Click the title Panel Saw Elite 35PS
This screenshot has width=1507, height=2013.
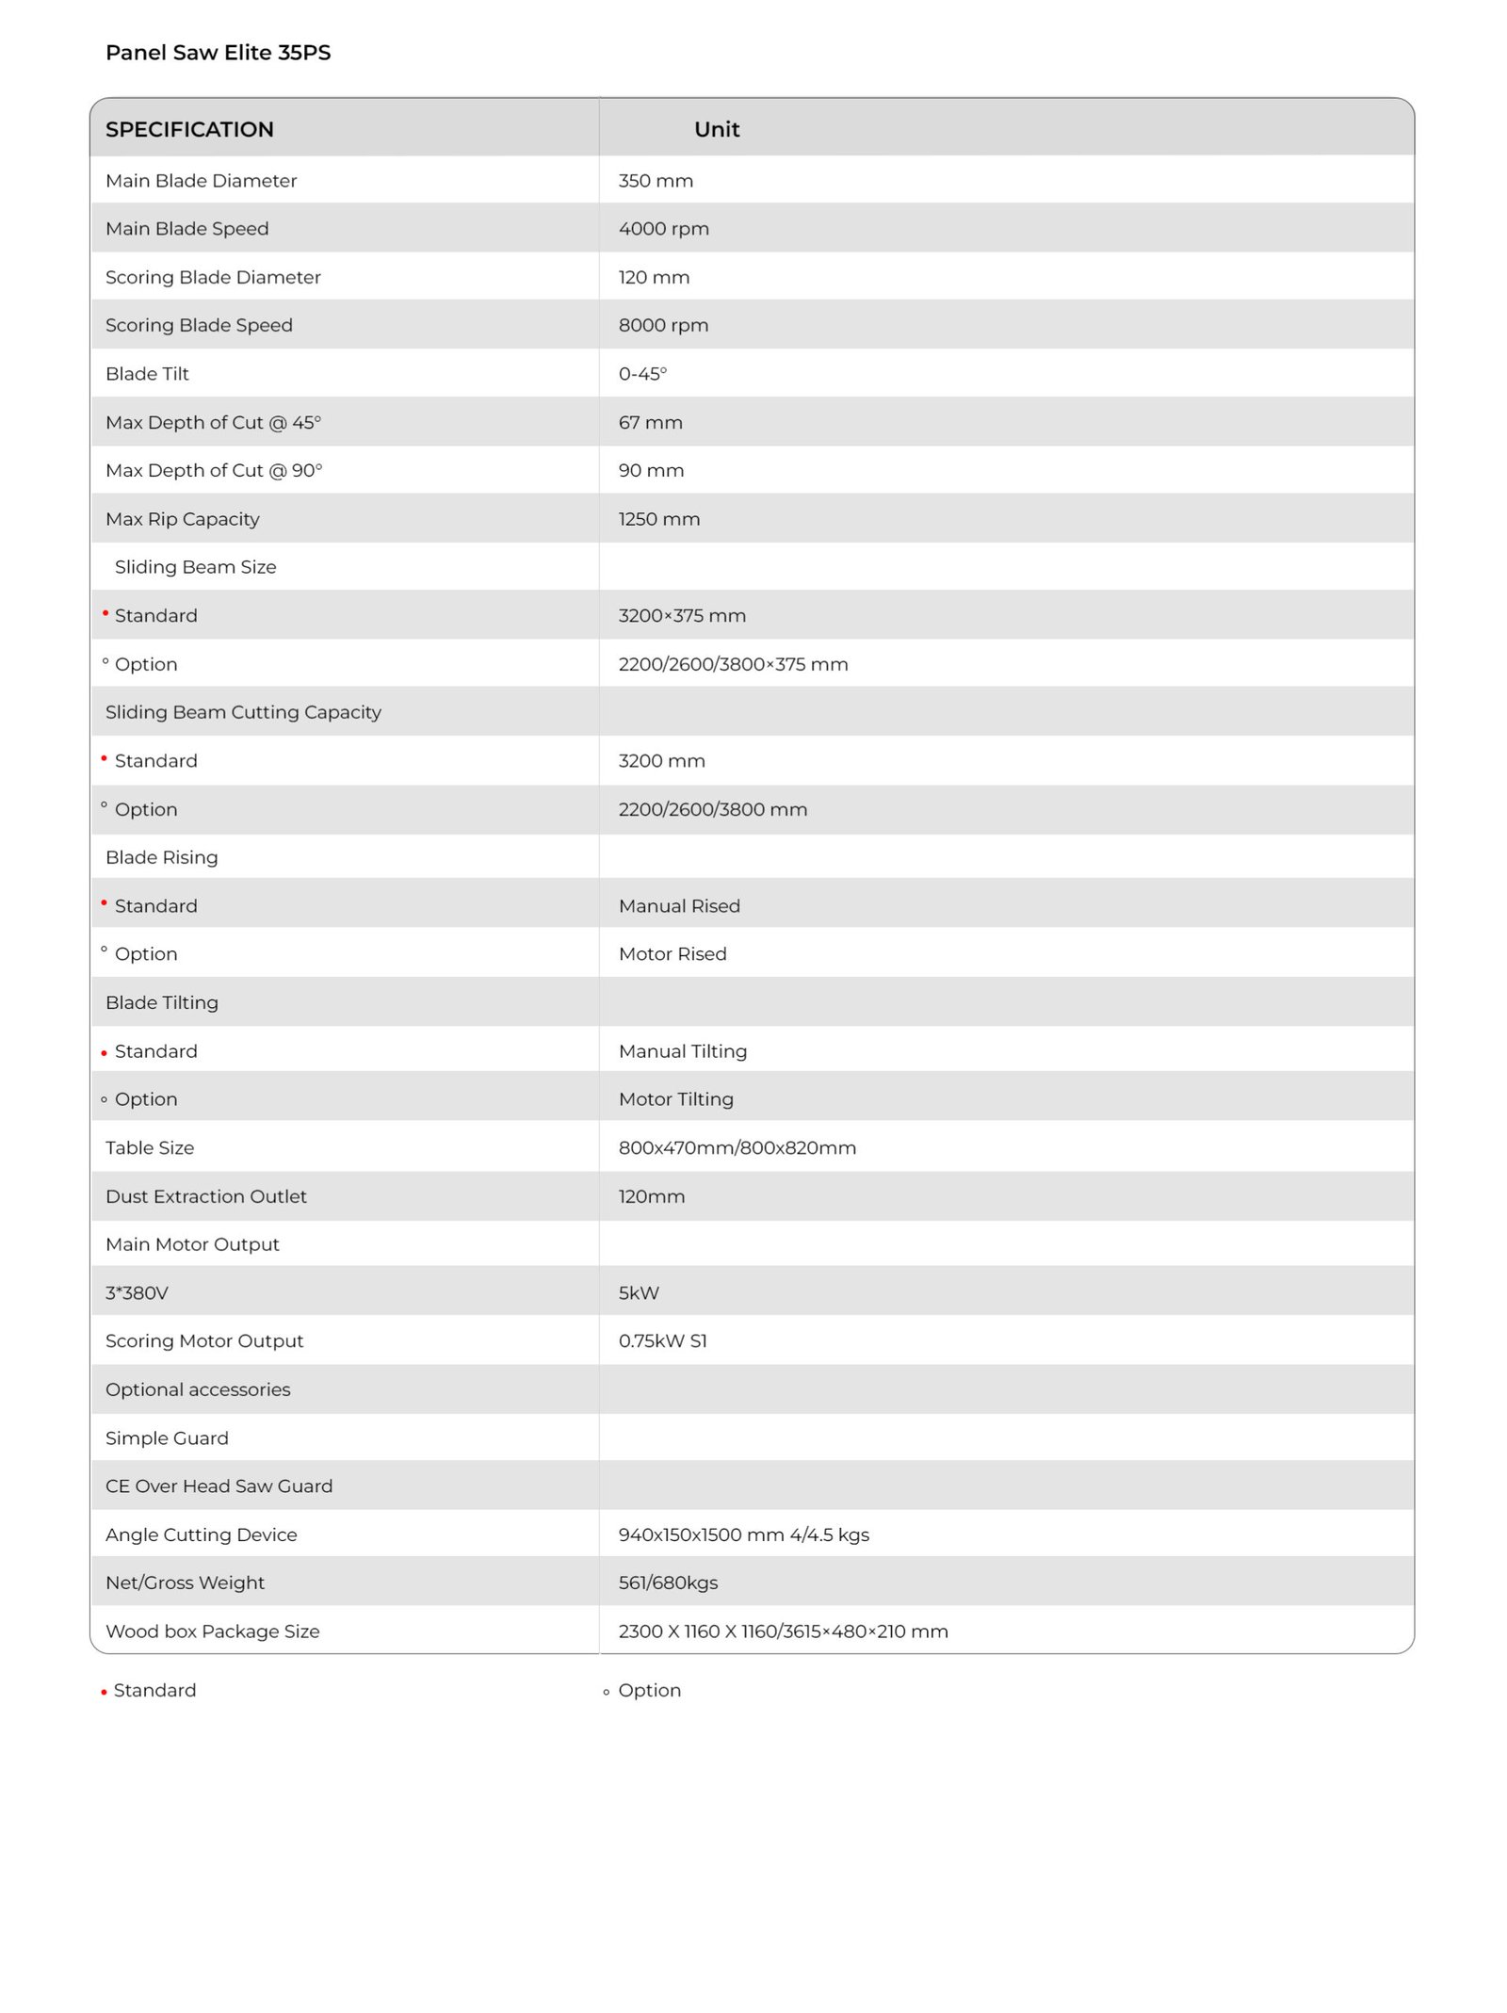tap(218, 53)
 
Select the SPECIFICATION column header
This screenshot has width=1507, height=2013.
tap(189, 129)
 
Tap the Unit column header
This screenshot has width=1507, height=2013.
tap(716, 129)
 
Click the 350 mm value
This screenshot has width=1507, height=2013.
tap(656, 181)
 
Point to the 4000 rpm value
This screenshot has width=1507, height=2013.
tap(663, 229)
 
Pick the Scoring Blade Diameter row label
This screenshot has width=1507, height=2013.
tap(213, 277)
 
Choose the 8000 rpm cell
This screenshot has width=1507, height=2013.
tap(663, 325)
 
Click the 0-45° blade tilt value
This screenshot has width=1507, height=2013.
tap(642, 374)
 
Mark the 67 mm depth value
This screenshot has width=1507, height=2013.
tap(650, 423)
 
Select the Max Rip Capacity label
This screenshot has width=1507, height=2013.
tap(183, 519)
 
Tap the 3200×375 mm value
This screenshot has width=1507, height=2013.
tap(682, 616)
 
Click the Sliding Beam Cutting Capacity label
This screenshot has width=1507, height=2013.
tap(243, 712)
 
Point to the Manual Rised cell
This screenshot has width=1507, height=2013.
tap(679, 906)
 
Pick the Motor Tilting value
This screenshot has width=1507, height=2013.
tap(675, 1099)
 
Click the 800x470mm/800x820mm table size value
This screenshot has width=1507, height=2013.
tap(737, 1148)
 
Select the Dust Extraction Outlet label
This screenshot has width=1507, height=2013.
tap(206, 1196)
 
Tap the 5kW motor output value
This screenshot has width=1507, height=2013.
tap(639, 1293)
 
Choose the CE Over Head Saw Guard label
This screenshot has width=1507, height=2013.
tap(219, 1486)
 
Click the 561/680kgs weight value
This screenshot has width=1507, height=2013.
tap(668, 1583)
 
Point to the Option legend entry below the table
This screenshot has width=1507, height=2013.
tap(649, 1691)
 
